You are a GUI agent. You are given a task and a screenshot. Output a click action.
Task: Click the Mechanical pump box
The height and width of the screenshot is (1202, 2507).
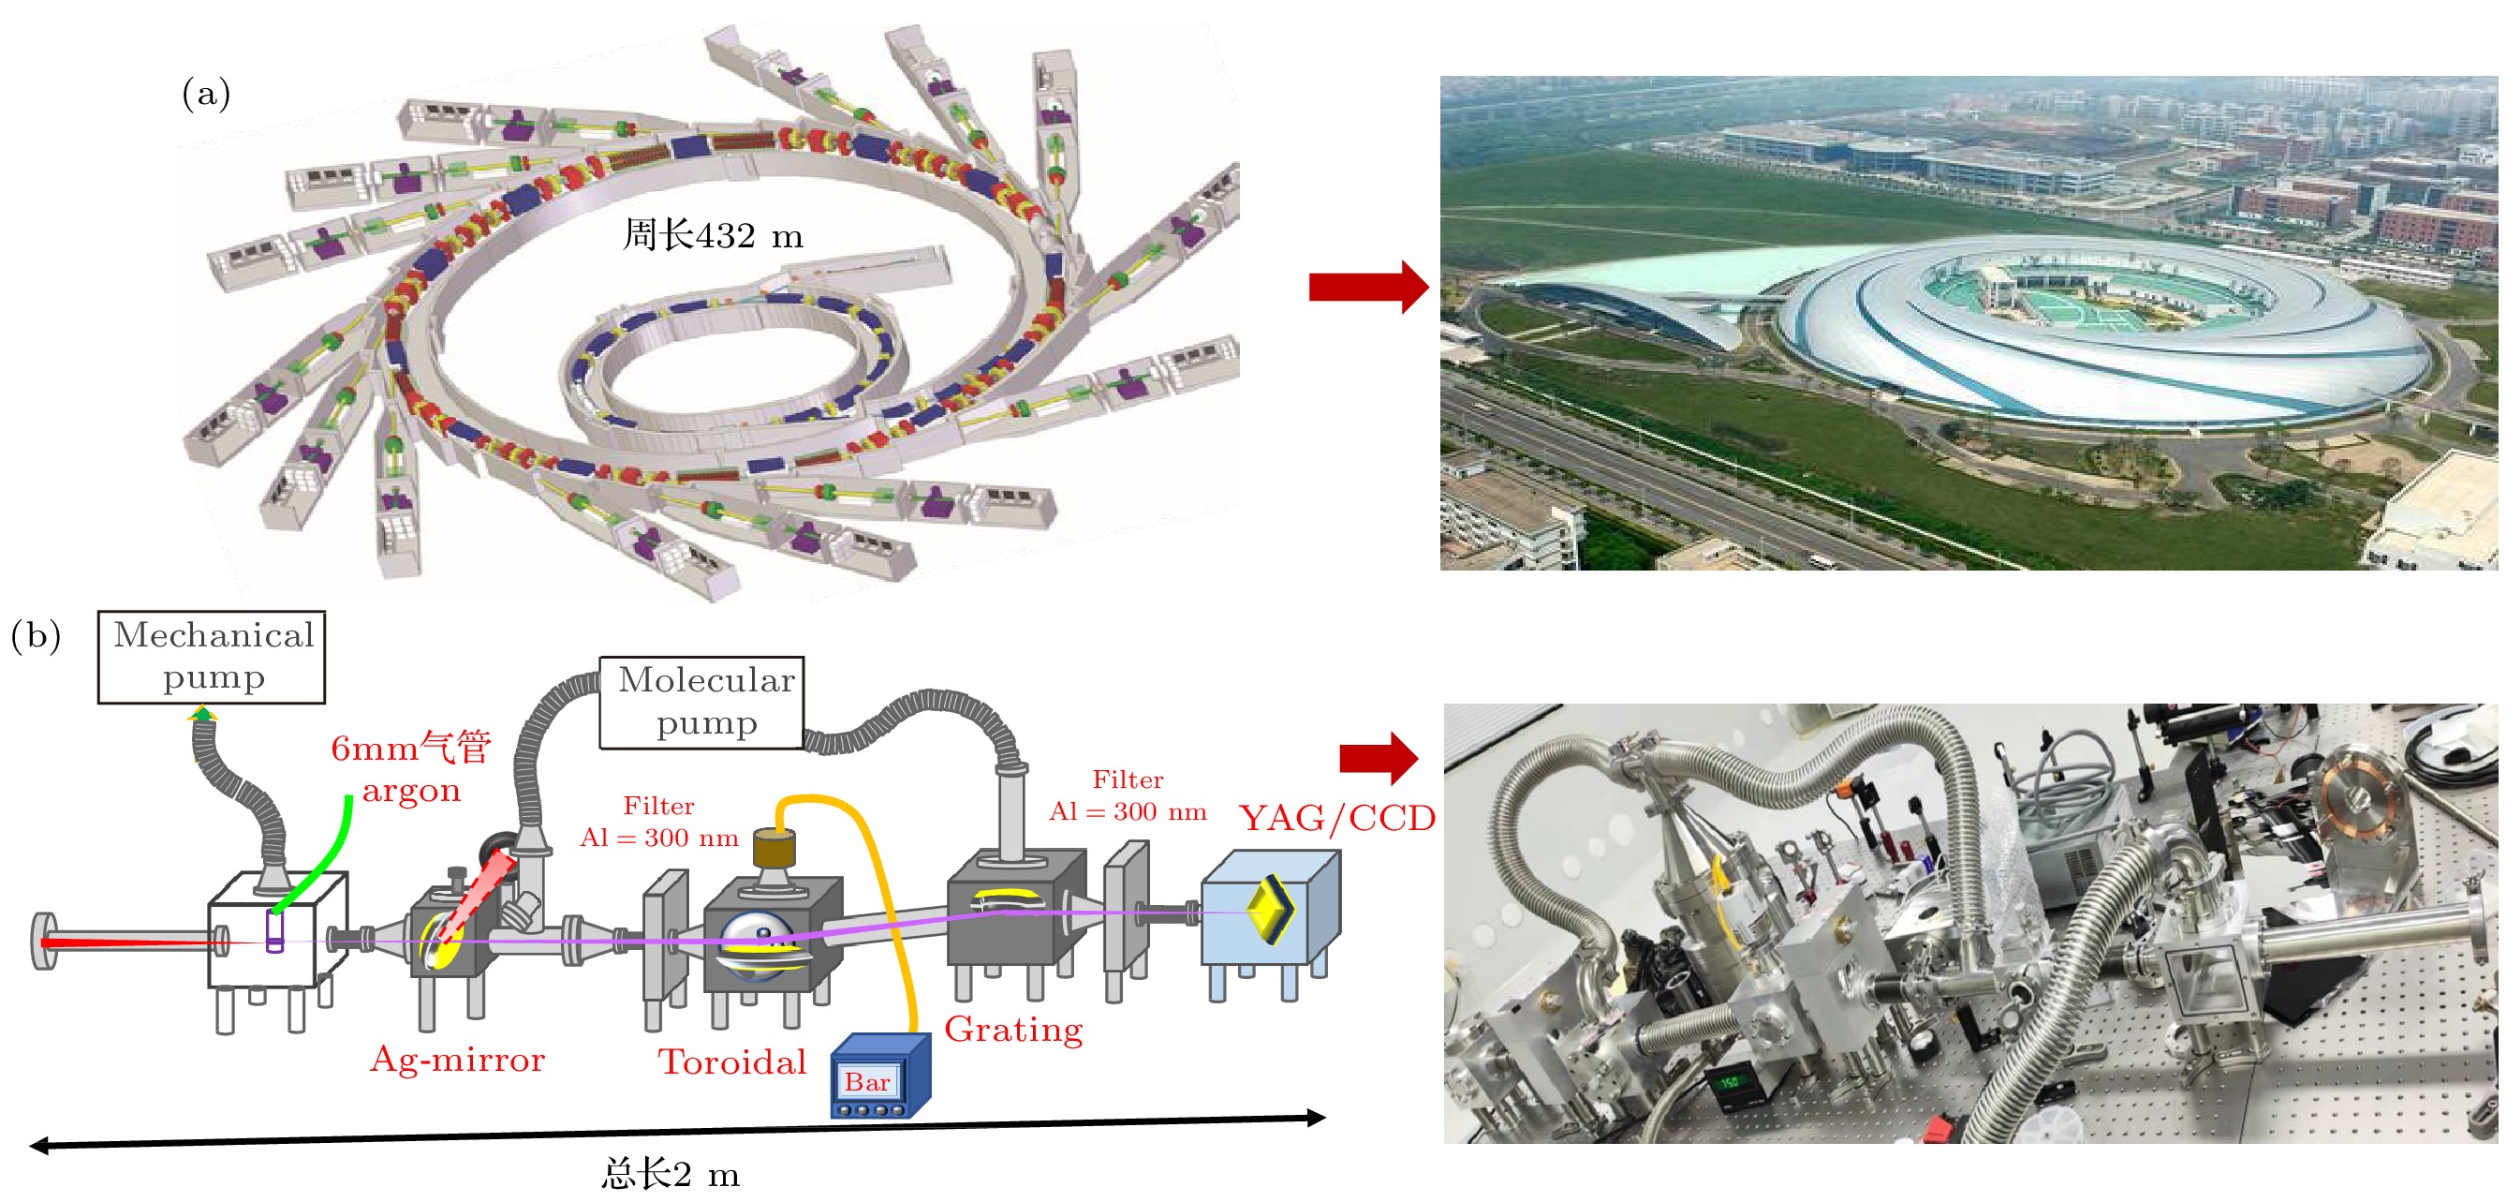tap(212, 657)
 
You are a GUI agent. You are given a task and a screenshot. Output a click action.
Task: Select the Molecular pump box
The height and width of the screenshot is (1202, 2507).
tap(701, 702)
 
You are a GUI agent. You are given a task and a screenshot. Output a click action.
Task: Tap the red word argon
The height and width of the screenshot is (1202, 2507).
tap(411, 791)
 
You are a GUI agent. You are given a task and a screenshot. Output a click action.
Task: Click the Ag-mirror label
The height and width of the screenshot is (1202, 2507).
tap(457, 1059)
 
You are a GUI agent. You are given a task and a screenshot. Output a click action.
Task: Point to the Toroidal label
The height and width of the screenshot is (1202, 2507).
tap(731, 1061)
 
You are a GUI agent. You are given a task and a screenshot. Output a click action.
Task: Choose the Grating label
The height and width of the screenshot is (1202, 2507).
tap(1013, 1029)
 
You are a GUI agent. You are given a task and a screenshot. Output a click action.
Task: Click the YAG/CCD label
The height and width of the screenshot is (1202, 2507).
tap(1336, 818)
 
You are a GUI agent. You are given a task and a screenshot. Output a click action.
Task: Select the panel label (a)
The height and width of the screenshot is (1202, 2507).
tap(206, 94)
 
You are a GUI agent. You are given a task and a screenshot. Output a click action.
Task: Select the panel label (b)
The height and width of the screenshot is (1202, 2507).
tap(36, 635)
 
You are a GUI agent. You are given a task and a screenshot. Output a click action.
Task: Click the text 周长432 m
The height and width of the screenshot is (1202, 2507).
tap(713, 234)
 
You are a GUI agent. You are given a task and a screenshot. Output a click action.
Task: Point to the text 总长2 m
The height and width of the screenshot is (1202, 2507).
tap(671, 1174)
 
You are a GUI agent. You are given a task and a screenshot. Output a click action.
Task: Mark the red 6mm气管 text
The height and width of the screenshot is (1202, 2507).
tap(411, 748)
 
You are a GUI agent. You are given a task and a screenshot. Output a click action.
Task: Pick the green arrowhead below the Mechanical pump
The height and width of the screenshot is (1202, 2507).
tap(202, 716)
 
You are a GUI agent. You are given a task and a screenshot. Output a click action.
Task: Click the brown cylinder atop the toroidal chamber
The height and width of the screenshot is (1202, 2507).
tap(774, 848)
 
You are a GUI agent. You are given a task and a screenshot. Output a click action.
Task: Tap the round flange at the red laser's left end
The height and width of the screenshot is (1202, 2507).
tap(44, 941)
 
